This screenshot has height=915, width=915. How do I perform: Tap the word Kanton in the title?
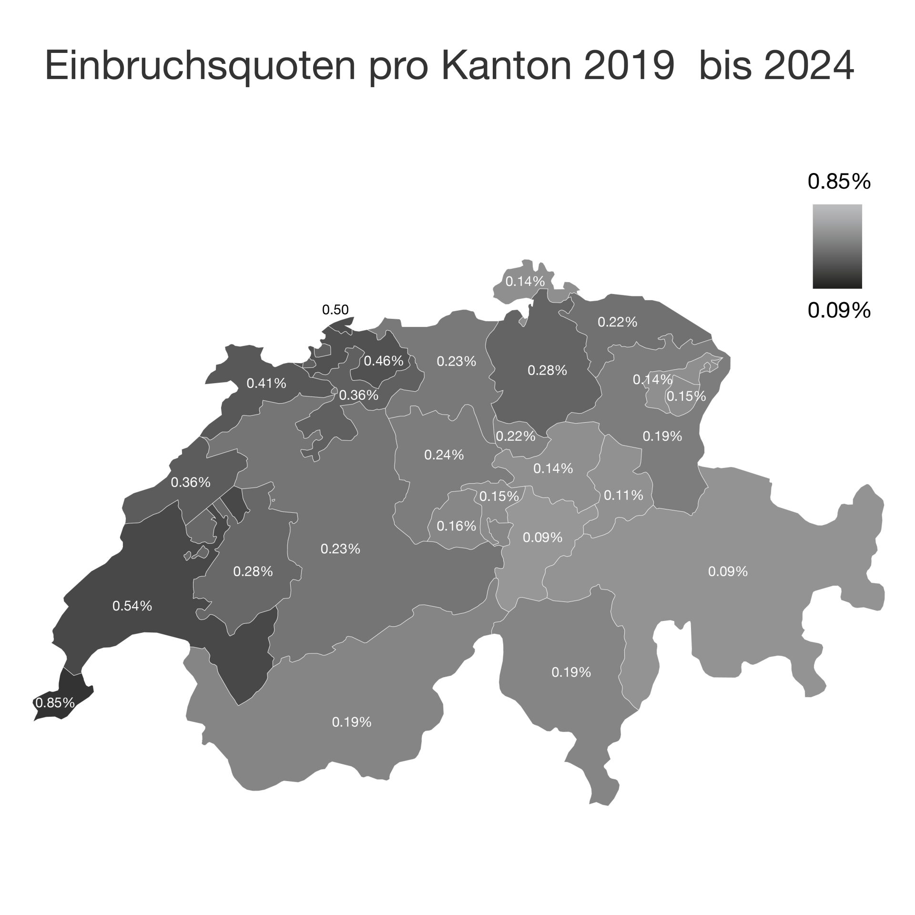pos(508,66)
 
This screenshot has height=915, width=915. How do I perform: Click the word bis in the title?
pos(725,66)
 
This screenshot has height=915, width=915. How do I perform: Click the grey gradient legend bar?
pos(837,246)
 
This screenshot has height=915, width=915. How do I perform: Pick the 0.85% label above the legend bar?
pos(839,182)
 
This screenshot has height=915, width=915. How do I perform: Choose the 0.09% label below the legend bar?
pos(839,311)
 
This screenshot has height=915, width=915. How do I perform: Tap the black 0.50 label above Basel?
pos(335,310)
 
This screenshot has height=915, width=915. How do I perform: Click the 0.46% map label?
pos(384,361)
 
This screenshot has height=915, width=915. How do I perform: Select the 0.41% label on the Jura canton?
pos(266,383)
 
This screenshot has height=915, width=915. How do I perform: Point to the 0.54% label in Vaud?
pos(132,606)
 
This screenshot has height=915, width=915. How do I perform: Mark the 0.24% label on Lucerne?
pos(444,455)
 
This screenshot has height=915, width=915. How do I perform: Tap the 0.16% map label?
pos(456,526)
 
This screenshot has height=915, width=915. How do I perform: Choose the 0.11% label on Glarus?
pos(623,495)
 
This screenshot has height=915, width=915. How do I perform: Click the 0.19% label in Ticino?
pos(571,672)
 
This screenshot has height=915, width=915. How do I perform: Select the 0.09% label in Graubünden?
pos(728,571)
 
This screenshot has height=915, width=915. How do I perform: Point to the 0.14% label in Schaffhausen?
pos(525,281)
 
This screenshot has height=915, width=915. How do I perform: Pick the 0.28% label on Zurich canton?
pos(547,370)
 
